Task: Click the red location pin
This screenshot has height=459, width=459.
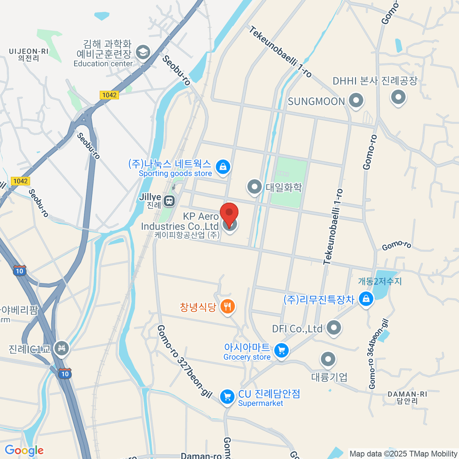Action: point(229,213)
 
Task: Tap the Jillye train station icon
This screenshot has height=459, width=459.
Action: point(169,200)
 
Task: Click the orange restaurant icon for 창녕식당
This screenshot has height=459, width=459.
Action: point(228,306)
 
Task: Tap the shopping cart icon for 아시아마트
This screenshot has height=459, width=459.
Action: point(282,350)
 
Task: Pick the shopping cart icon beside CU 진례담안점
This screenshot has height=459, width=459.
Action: point(227,396)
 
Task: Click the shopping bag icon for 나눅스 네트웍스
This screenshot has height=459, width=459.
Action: point(223,166)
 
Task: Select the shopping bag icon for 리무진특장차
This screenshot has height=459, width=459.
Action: point(366,299)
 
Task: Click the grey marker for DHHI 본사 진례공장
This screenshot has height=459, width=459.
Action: point(398,97)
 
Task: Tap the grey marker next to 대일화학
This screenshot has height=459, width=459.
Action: point(254,187)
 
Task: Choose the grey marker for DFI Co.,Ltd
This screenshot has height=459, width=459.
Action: point(334,327)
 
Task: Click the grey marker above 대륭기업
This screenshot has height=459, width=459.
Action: point(328,359)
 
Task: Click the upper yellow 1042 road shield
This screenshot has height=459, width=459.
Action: point(109,95)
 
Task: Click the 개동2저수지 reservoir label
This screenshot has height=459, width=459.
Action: point(380,281)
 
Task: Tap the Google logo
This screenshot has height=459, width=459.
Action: point(24,450)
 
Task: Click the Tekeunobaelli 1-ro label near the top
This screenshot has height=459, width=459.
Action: point(280,52)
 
